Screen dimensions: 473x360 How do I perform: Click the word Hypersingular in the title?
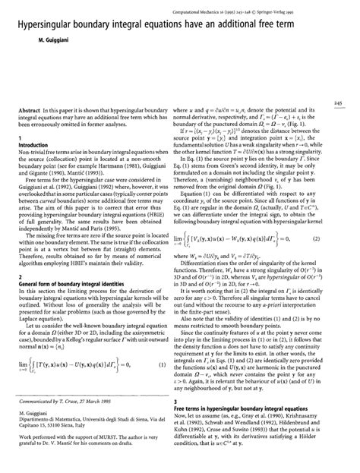[x=41, y=23]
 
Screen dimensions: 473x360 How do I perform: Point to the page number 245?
[x=350, y=102]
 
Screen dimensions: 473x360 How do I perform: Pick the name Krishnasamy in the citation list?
[x=314, y=415]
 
